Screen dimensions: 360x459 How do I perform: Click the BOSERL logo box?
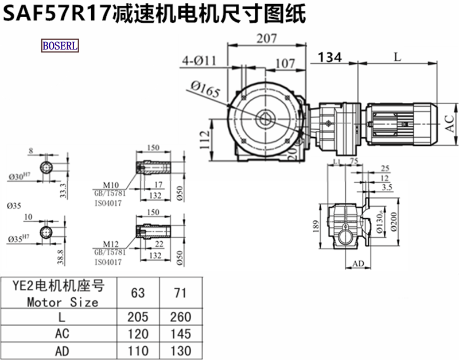[60, 45]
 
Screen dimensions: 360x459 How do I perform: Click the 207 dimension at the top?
[264, 38]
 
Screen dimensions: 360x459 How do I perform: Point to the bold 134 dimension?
[330, 57]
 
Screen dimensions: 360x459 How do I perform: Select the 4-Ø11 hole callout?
[199, 60]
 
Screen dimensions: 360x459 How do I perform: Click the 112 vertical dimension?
[205, 139]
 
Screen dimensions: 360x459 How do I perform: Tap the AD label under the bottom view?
[357, 264]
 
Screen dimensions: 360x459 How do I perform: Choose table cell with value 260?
[181, 316]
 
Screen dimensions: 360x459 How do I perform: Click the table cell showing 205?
[138, 316]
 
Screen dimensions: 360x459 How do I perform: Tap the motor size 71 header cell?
[181, 293]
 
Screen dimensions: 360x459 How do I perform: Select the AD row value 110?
[138, 350]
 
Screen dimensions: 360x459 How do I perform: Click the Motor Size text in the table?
[63, 301]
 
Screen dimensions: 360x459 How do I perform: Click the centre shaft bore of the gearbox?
[265, 119]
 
